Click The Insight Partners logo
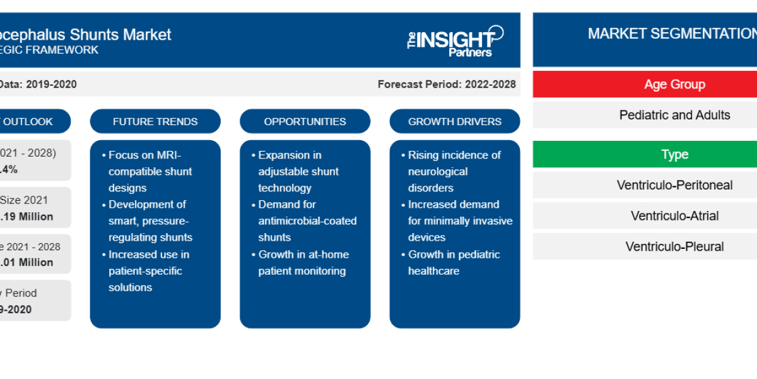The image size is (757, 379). click(x=455, y=41)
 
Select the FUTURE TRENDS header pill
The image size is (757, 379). click(x=155, y=121)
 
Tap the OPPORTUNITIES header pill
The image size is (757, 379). click(x=305, y=121)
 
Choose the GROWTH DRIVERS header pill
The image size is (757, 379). click(x=455, y=121)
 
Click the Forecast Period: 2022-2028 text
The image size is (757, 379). click(x=447, y=84)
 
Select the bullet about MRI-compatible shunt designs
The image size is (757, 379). click(x=150, y=171)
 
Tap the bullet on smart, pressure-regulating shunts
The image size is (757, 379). click(x=150, y=220)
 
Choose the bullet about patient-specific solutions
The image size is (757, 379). click(x=149, y=270)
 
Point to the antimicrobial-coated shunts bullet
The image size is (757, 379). click(x=307, y=220)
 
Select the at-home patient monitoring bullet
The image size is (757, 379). click(x=303, y=262)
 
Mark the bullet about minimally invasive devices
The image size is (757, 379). click(x=460, y=220)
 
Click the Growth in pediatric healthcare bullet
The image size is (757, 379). click(x=454, y=262)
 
